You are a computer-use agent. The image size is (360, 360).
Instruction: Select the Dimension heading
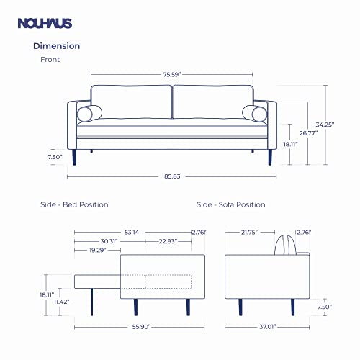coord(57,46)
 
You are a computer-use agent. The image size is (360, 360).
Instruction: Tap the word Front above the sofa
coord(50,60)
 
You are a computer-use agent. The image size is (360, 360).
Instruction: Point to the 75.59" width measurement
coord(171,72)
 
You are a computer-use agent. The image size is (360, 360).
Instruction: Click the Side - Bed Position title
coord(74,204)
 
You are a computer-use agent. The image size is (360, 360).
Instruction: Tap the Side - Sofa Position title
coord(230,204)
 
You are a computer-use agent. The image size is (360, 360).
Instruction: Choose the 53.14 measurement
coord(132,232)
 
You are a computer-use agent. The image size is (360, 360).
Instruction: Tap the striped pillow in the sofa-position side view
coord(287,246)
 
